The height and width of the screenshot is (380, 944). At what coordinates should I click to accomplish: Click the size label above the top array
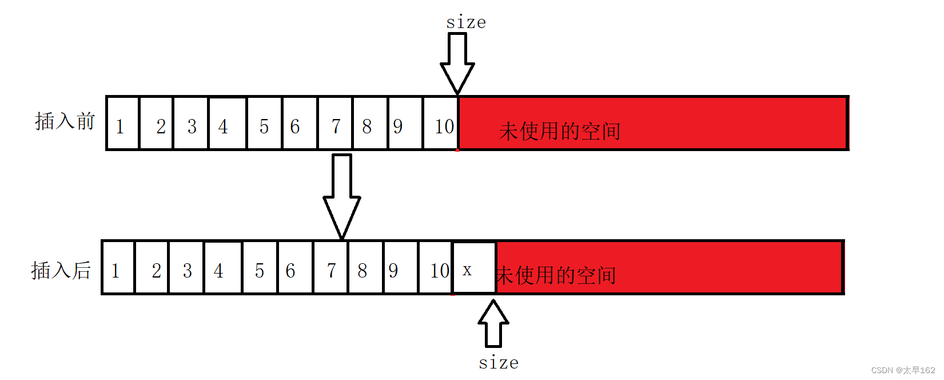[x=466, y=23]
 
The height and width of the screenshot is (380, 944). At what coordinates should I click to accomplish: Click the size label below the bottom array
[x=499, y=363]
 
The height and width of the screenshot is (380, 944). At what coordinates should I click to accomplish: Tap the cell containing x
[x=474, y=268]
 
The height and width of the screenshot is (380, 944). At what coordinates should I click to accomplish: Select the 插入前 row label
[x=65, y=121]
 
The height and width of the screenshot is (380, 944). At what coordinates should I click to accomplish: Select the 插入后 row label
[x=61, y=270]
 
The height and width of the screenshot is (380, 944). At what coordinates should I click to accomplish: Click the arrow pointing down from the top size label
[x=457, y=63]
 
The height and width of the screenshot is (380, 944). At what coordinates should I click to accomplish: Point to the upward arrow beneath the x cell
[x=493, y=323]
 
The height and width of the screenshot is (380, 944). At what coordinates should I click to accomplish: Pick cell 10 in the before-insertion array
[x=441, y=124]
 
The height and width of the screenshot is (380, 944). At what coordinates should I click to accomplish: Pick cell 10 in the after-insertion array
[x=436, y=268]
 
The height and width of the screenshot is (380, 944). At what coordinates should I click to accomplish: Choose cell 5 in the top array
[x=264, y=124]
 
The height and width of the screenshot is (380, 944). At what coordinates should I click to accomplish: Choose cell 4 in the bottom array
[x=223, y=268]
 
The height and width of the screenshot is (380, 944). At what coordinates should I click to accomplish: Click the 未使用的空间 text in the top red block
[x=559, y=131]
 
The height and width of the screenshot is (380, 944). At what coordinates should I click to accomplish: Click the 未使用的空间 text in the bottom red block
[x=556, y=275]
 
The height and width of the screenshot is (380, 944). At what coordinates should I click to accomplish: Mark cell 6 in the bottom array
[x=295, y=268]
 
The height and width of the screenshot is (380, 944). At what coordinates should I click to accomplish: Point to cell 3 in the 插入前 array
[x=192, y=124]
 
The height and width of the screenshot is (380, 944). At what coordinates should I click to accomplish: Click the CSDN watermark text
[x=903, y=370]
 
